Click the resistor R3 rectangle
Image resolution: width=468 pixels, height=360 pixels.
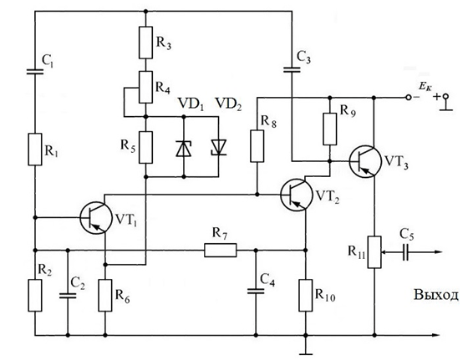(145, 43)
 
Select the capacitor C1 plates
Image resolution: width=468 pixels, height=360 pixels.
(35, 72)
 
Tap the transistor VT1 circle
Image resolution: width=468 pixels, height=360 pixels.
(96, 218)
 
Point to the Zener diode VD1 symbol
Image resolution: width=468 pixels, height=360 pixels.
(184, 149)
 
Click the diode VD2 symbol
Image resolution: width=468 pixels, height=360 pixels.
(218, 147)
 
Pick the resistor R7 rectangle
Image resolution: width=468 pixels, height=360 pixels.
(221, 250)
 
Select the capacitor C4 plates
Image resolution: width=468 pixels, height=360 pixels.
(256, 292)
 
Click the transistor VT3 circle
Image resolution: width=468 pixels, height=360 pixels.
(365, 161)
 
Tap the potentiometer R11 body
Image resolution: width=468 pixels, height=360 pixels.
(374, 252)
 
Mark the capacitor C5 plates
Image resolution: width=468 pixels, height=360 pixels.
(405, 252)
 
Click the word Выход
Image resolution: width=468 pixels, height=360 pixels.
(435, 295)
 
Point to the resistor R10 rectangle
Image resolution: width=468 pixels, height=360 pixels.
(306, 296)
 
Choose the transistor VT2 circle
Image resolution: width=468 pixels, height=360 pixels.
(297, 195)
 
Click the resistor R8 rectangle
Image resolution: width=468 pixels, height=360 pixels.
(257, 146)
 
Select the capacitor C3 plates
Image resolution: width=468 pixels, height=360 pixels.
(292, 70)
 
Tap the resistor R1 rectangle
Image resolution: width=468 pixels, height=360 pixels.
(35, 150)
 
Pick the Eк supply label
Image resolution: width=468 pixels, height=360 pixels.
(425, 87)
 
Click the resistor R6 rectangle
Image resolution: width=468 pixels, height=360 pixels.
(105, 296)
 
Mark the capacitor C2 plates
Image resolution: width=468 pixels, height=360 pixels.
(68, 296)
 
